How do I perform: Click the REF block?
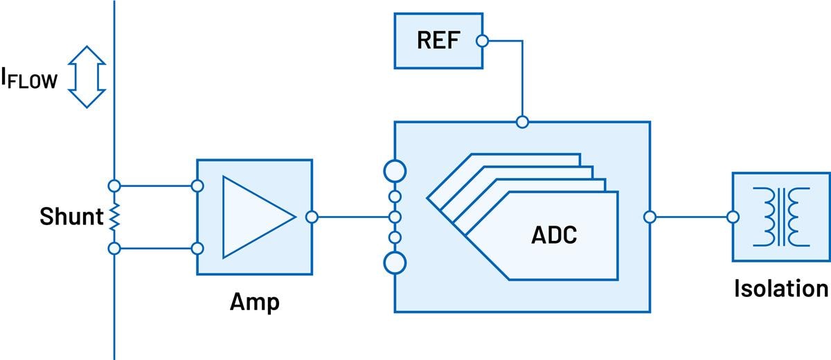(438, 40)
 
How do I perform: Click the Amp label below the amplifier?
(255, 303)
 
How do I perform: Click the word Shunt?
(71, 217)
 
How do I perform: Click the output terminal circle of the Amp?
(312, 217)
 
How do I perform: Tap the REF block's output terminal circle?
(483, 41)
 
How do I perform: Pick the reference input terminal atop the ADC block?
(523, 123)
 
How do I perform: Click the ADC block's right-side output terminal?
(650, 217)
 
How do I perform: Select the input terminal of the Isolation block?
(733, 217)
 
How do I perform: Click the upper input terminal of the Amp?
(197, 186)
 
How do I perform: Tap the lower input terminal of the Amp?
(197, 249)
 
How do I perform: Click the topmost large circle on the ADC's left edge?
(395, 170)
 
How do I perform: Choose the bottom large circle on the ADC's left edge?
(395, 263)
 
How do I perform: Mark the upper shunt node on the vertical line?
(114, 186)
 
